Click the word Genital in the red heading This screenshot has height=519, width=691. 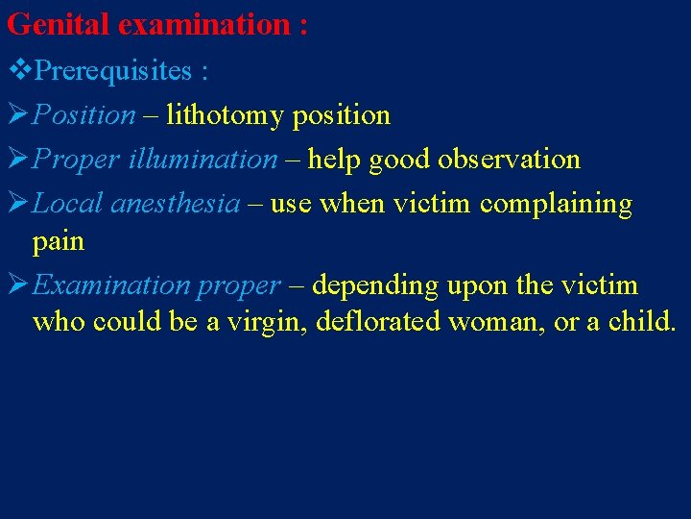pyautogui.click(x=59, y=25)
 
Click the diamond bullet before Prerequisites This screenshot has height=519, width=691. pyautogui.click(x=18, y=71)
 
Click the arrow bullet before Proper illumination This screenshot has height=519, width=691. pyautogui.click(x=17, y=160)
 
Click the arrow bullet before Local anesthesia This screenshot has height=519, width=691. pyautogui.click(x=17, y=204)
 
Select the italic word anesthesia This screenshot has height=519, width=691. pyautogui.click(x=176, y=204)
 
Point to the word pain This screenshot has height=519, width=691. pyautogui.click(x=59, y=241)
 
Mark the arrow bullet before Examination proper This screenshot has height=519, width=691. pyautogui.click(x=17, y=285)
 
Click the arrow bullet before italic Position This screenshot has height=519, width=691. pyautogui.click(x=17, y=115)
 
